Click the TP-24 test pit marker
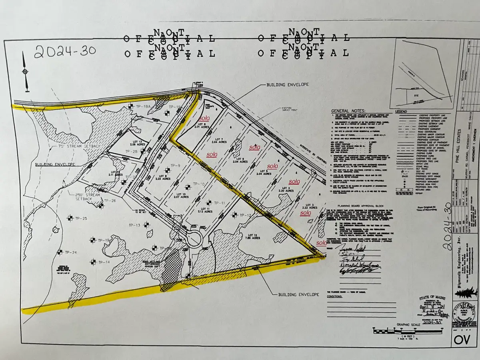click(60, 252)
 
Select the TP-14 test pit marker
click(93, 262)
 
